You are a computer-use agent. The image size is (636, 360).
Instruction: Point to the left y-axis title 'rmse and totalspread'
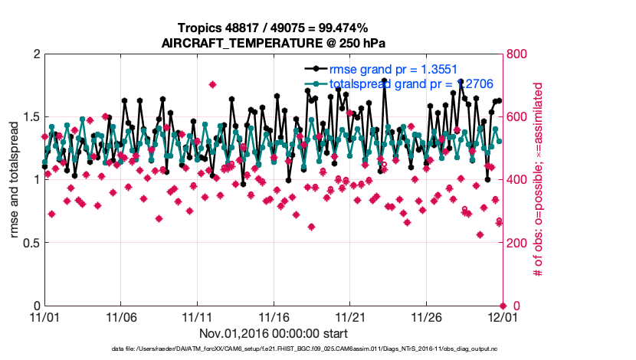16,180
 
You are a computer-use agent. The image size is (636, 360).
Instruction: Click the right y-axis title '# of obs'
538,180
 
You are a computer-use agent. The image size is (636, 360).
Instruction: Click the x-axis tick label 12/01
502,316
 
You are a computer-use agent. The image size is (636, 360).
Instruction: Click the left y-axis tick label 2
36,54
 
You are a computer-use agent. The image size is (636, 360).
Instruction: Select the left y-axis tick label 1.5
31,117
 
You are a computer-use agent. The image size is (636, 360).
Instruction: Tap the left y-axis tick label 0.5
31,243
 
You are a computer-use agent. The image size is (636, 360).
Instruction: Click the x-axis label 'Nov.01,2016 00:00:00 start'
274,333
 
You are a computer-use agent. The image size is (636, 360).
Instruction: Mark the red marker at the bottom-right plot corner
502,306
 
